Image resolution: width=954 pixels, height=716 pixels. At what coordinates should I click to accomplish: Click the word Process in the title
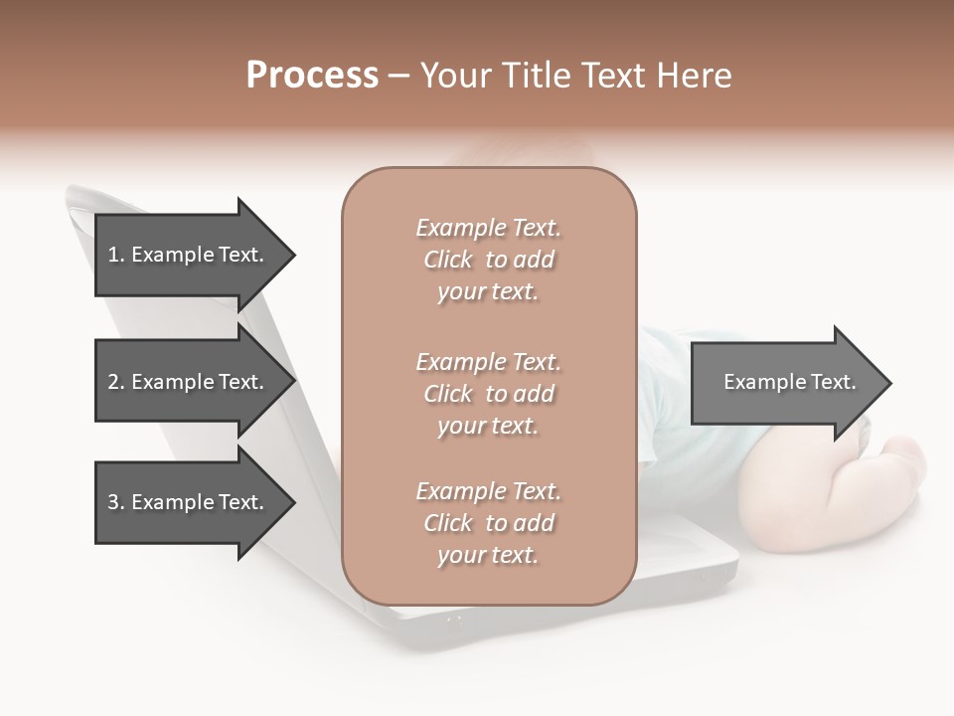(312, 76)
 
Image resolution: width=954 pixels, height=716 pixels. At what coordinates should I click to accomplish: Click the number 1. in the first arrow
(115, 255)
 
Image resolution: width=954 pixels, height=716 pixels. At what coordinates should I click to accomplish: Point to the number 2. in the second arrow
(115, 382)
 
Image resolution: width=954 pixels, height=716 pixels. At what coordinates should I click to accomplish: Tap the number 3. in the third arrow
(115, 502)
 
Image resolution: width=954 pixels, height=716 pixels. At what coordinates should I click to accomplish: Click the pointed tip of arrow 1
(292, 255)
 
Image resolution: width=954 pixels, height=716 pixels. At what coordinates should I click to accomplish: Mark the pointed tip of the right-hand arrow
(888, 383)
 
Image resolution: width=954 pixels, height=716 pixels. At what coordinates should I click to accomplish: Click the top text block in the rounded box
(488, 260)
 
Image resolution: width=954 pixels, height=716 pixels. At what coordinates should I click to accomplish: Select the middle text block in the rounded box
(488, 394)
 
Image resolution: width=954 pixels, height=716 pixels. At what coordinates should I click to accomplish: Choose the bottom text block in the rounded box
(488, 523)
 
